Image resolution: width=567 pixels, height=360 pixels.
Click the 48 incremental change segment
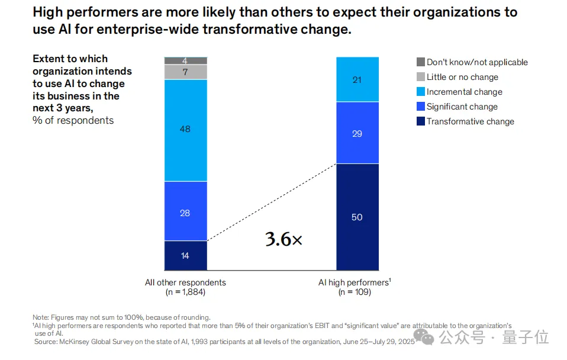tap(185, 130)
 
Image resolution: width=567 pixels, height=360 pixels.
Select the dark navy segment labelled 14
tap(185, 255)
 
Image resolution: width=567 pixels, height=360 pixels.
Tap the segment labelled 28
tap(185, 211)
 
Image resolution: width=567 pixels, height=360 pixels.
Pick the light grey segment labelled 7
tap(185, 72)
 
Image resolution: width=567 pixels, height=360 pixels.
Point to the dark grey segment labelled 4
tap(185, 60)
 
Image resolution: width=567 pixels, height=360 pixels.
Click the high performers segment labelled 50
tap(357, 217)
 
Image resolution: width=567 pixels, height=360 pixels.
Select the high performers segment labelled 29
tap(357, 133)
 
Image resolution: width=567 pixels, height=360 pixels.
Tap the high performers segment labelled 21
tap(357, 79)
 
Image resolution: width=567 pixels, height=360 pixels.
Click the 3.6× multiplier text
tap(283, 239)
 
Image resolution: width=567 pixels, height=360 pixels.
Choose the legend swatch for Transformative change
tap(421, 121)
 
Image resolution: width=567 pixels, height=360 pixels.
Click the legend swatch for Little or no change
tap(421, 77)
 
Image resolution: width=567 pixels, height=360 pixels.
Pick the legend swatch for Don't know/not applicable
tap(421, 62)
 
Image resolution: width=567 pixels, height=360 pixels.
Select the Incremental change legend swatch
tap(421, 92)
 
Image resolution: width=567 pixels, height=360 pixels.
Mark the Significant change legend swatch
tap(421, 107)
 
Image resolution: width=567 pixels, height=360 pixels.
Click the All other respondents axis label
tap(185, 282)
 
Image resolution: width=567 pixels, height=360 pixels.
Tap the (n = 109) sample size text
tap(354, 292)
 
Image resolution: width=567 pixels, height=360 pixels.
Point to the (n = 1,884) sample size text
tap(185, 292)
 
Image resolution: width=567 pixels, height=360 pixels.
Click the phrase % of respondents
tap(73, 120)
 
